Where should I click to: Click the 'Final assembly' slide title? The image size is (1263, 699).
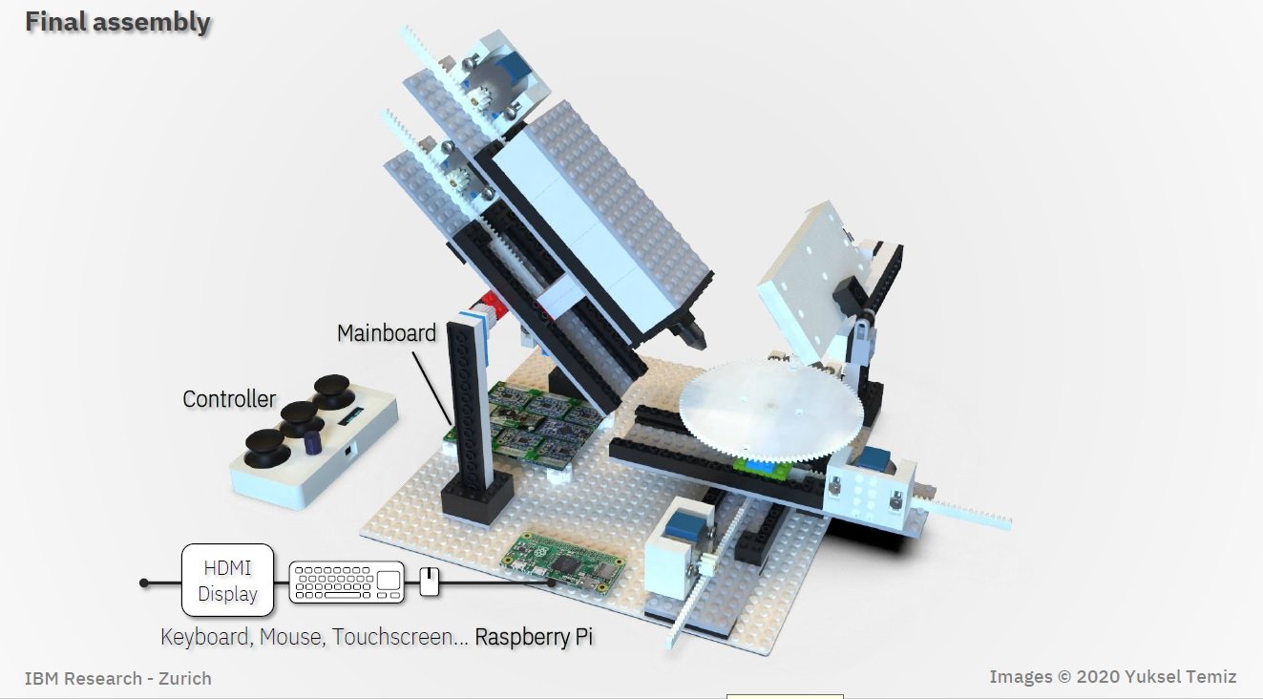click(x=117, y=23)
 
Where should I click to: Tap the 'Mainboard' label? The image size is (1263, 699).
click(x=387, y=333)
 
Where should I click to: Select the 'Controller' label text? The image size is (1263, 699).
click(x=229, y=399)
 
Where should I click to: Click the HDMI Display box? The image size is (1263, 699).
click(x=228, y=581)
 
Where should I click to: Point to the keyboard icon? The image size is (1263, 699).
click(x=347, y=582)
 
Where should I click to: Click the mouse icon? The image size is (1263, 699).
click(x=430, y=582)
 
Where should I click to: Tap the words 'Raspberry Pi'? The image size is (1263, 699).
click(x=534, y=637)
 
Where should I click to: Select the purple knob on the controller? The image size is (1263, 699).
click(x=313, y=442)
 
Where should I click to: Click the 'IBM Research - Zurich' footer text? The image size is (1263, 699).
click(x=117, y=678)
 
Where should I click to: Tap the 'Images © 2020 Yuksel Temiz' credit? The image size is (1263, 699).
click(x=1113, y=676)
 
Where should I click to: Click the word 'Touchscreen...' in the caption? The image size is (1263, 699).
click(x=400, y=637)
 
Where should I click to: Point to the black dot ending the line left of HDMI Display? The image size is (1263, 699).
click(x=144, y=582)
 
